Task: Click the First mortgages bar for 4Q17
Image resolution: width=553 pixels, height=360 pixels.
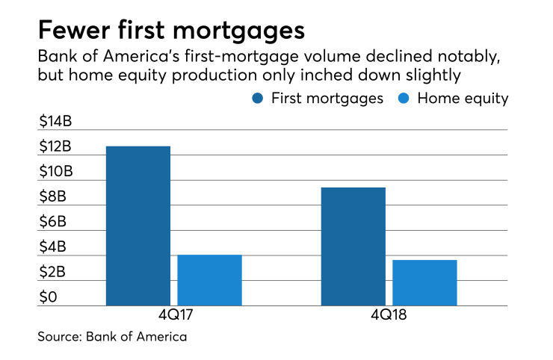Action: [x=138, y=226]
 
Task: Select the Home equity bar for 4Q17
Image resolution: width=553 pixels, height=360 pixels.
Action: [x=209, y=280]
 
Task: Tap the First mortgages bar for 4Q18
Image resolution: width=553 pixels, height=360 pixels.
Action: [x=353, y=246]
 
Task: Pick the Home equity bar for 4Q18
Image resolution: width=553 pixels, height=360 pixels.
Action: [x=424, y=282]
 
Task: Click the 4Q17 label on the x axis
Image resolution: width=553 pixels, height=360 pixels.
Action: [x=173, y=317]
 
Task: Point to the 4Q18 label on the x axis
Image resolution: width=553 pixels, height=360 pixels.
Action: [x=389, y=317]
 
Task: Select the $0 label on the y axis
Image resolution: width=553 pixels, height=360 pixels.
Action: [x=48, y=298]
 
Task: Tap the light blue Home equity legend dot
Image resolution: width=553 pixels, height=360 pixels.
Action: [x=403, y=99]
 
